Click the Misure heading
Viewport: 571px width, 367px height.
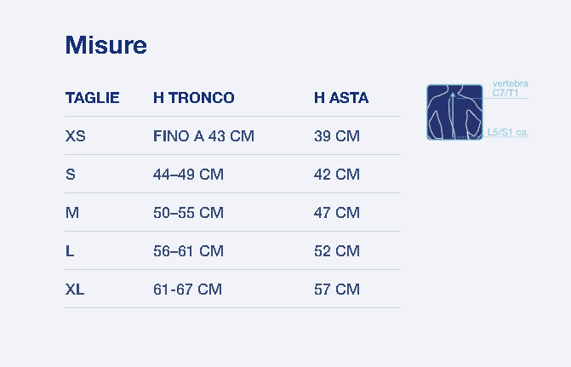click(106, 45)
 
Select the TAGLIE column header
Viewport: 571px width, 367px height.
click(93, 98)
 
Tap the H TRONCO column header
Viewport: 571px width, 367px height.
click(194, 98)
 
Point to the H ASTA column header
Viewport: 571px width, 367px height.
click(341, 98)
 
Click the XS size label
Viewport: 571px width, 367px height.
click(76, 136)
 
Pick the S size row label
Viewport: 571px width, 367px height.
click(71, 175)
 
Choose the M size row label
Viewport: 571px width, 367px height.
click(72, 213)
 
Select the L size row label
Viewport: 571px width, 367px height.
click(70, 250)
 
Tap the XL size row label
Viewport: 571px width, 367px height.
click(75, 290)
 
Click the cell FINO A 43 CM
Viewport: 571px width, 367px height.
click(203, 136)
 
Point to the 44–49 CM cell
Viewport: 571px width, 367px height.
click(188, 175)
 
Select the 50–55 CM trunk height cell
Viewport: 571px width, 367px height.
click(188, 213)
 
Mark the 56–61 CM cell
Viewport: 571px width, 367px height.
click(188, 250)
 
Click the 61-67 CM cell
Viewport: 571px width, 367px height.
click(187, 290)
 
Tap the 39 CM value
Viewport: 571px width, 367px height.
click(337, 136)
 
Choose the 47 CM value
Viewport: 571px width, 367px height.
click(337, 213)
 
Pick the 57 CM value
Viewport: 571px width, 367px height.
click(337, 290)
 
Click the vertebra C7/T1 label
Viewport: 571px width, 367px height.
click(511, 89)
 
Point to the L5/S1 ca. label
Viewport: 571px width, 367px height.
click(508, 132)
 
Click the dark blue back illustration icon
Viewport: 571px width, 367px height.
click(454, 112)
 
